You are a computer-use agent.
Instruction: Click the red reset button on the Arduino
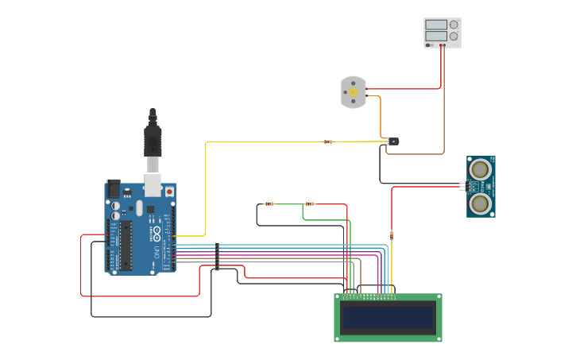(x=168, y=192)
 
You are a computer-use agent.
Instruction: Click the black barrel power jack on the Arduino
(x=113, y=188)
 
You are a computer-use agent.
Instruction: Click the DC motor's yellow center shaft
(x=354, y=92)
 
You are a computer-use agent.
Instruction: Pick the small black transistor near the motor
(x=393, y=141)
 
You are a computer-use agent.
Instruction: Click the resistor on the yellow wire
(x=328, y=142)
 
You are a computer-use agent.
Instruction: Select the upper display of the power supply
(x=436, y=25)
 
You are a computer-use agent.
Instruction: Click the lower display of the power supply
(x=436, y=36)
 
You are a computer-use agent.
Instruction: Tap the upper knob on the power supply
(x=454, y=25)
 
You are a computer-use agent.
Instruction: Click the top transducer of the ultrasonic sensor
(x=480, y=169)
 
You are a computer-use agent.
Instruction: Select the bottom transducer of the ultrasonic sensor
(x=480, y=203)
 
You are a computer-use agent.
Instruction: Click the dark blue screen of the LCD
(x=388, y=318)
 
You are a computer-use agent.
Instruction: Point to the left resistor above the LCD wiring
(x=269, y=204)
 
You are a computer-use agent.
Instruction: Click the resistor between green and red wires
(x=310, y=204)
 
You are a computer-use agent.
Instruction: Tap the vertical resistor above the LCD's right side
(x=392, y=234)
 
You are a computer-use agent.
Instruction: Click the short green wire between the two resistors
(x=289, y=204)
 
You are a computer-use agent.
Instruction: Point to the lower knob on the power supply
(x=454, y=36)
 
